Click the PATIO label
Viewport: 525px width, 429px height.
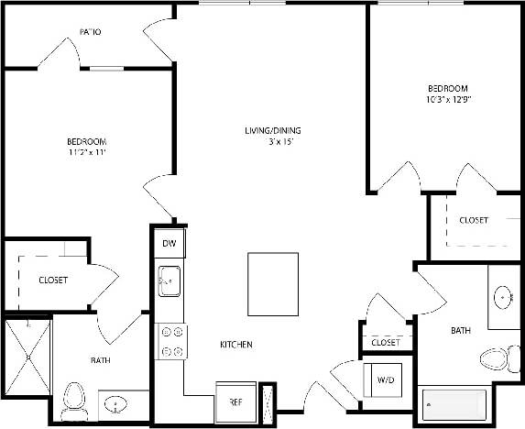pos(90,32)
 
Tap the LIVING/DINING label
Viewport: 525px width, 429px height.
pos(272,131)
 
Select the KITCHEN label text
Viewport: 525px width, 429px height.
pos(236,345)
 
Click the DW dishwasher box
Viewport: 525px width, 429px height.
pos(170,243)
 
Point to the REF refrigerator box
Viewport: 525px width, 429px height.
pos(235,401)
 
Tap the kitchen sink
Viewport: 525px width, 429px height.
pos(170,282)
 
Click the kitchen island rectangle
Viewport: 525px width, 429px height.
pos(272,284)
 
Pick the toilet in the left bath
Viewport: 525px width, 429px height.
pos(75,399)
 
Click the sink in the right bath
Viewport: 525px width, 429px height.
pos(503,298)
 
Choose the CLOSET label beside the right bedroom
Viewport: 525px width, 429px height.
pos(473,220)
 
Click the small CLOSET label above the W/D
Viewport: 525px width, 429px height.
pos(386,343)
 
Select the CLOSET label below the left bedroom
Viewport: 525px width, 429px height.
pos(52,280)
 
